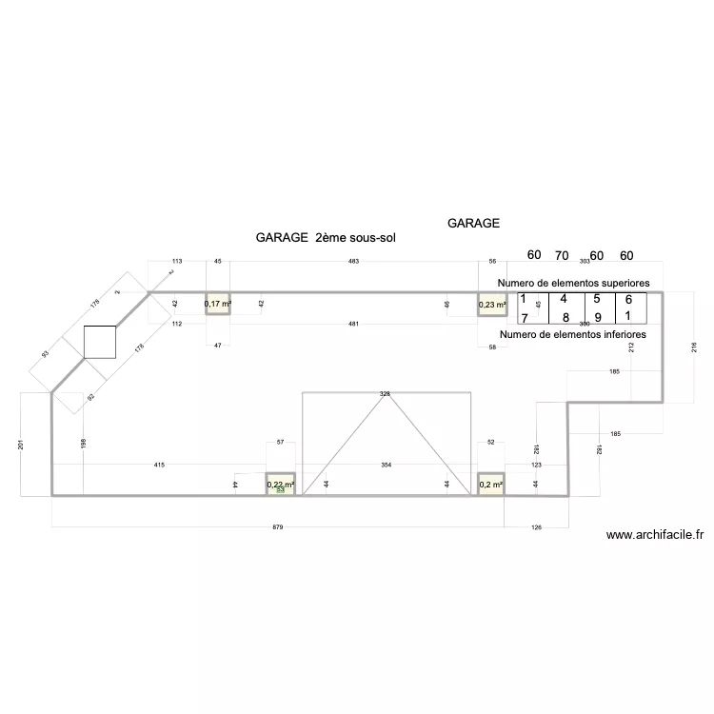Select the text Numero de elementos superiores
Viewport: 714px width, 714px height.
point(573,284)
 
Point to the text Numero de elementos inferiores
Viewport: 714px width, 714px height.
point(572,334)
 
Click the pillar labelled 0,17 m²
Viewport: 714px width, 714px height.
point(218,304)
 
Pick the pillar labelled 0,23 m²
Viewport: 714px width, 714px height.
point(491,304)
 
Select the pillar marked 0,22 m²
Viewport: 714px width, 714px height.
point(280,486)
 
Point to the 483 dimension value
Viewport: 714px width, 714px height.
point(354,261)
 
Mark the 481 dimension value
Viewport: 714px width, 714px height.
point(353,325)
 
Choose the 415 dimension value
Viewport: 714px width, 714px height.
point(159,465)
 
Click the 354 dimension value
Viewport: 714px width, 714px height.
point(386,465)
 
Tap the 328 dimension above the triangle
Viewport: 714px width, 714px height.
point(386,393)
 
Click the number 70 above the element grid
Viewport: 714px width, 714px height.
point(562,255)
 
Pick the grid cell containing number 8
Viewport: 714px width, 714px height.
point(565,317)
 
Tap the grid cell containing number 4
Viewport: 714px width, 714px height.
point(564,299)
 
